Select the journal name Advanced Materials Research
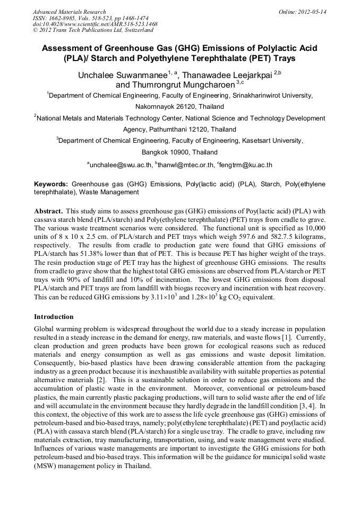69,12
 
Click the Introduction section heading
54,316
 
